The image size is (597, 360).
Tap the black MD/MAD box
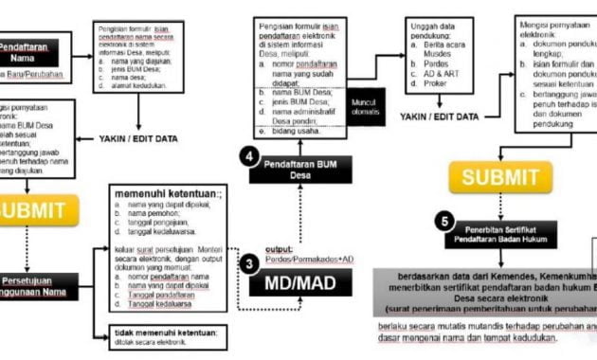[300, 283]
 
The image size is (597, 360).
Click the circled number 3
[249, 264]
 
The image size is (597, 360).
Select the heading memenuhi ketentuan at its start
[118, 189]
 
